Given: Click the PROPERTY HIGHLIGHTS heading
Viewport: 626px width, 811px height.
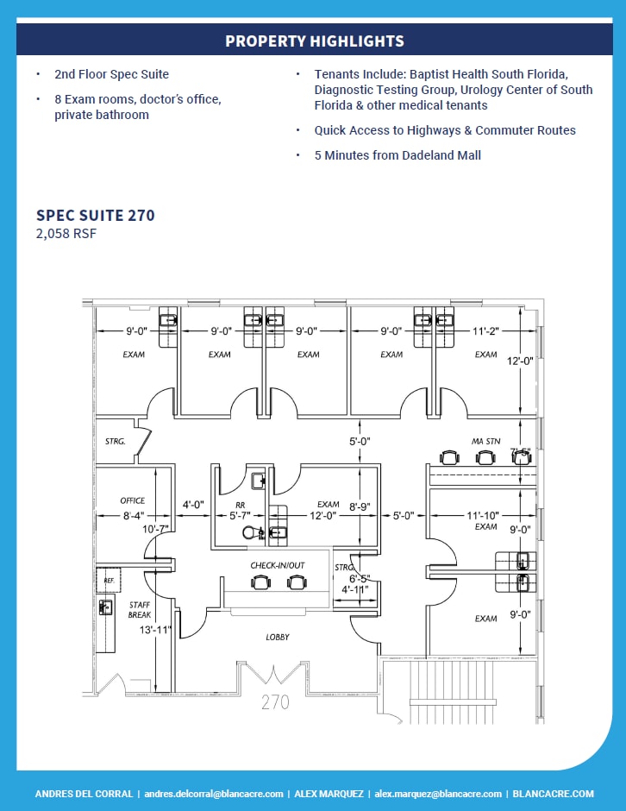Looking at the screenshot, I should [314, 41].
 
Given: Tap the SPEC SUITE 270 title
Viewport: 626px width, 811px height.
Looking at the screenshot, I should [96, 215].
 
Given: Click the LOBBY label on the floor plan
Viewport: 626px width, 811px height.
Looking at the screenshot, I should [278, 637].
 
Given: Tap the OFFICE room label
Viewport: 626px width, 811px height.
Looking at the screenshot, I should [132, 500].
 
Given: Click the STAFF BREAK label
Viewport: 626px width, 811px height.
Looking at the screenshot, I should [140, 610].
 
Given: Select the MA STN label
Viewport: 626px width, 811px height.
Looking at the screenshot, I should [485, 441].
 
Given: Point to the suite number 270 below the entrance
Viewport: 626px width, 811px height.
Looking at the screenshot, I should [276, 702].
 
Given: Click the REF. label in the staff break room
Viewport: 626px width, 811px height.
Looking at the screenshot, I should [109, 581].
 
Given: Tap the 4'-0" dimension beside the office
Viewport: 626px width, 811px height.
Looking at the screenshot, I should [191, 504].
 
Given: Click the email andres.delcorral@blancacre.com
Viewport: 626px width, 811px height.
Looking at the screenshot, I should [214, 794].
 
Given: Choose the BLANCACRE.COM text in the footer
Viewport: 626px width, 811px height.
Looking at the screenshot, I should [553, 794].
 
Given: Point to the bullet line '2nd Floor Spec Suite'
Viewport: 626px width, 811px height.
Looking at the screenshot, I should [111, 74].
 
